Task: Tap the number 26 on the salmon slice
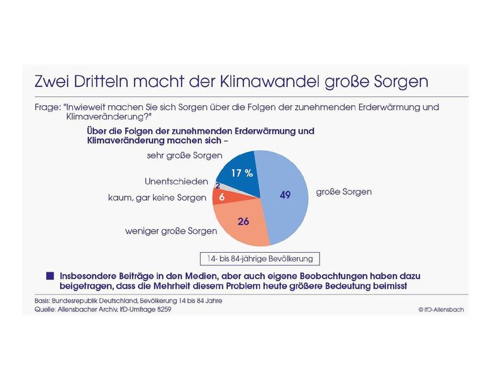[244, 221]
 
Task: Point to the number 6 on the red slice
[221, 198]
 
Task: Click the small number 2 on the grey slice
[218, 186]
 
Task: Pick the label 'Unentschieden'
[176, 182]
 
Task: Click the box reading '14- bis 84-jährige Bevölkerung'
[259, 258]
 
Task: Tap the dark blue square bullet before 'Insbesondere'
[50, 276]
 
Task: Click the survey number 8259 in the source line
[162, 310]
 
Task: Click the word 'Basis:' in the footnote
[43, 300]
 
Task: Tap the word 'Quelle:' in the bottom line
[45, 310]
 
